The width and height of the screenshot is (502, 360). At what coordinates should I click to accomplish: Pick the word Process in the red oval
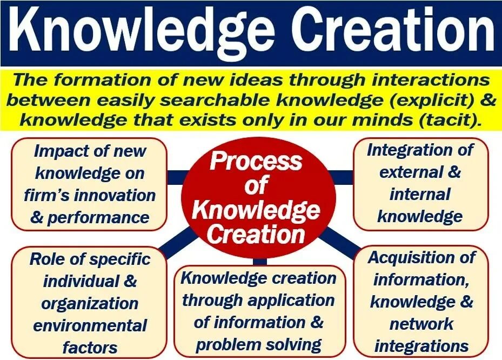[256, 161]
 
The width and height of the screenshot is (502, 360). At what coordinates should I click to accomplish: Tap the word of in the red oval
[257, 185]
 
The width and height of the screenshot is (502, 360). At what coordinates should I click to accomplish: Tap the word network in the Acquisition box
[421, 323]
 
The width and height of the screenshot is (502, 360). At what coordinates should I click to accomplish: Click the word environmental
[90, 325]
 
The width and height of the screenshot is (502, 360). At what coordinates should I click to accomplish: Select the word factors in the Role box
[90, 347]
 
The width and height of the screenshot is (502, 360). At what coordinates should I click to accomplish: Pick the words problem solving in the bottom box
[259, 344]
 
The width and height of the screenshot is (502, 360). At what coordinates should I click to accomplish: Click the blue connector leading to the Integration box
[340, 176]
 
